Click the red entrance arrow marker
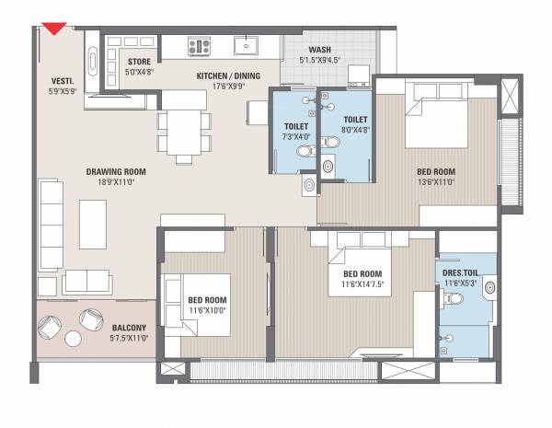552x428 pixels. tap(57, 29)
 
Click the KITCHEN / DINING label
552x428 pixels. tap(208, 77)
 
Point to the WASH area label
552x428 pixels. tap(320, 51)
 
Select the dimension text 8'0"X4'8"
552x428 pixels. tap(356, 130)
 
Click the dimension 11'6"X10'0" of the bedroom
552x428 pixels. tap(208, 311)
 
